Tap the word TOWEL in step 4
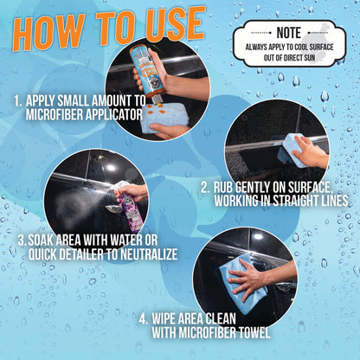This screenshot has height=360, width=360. tap(249, 331)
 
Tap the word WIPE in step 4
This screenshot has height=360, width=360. tap(173, 317)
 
